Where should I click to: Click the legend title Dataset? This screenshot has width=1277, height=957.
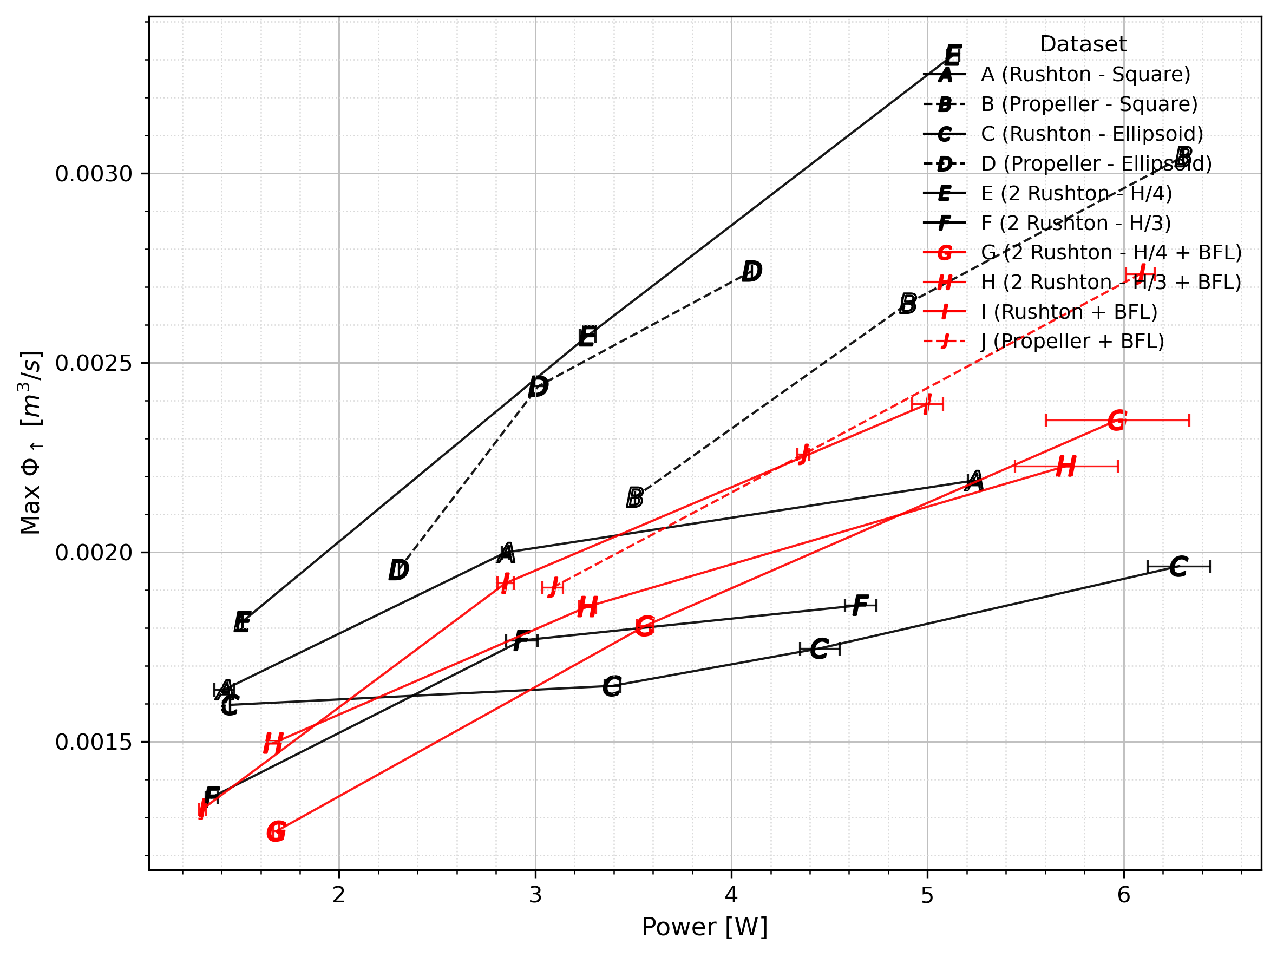[x=1083, y=44]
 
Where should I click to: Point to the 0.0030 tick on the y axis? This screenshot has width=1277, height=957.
[x=94, y=174]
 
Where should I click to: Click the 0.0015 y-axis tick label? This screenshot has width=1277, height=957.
[x=94, y=742]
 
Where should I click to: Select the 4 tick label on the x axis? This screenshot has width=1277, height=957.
[x=731, y=895]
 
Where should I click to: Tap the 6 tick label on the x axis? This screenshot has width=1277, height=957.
[x=1123, y=895]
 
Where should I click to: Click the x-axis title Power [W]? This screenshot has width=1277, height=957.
[x=704, y=927]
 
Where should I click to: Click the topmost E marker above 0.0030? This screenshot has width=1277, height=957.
[x=953, y=55]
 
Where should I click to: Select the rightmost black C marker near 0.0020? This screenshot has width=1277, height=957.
[x=1178, y=567]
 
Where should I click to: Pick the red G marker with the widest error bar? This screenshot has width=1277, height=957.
[x=1117, y=420]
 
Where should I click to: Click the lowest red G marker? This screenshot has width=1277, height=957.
[x=277, y=833]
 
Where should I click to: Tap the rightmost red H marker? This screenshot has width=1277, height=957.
[x=1066, y=467]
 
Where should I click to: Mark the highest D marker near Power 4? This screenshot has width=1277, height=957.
[x=752, y=271]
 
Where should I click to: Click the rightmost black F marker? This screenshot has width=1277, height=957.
[x=860, y=606]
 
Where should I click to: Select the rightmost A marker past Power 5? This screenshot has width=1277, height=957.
[x=974, y=481]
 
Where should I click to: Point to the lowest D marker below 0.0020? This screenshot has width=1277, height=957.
[x=398, y=571]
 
